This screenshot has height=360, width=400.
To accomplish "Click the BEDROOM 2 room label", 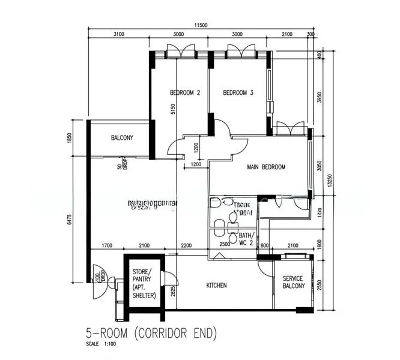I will click(184, 93).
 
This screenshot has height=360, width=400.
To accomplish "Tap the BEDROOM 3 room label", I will click(238, 93).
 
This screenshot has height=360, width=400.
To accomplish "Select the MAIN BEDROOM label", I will click(265, 167).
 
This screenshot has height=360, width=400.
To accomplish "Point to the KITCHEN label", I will click(216, 286).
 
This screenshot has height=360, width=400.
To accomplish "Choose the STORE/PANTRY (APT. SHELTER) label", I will click(144, 283).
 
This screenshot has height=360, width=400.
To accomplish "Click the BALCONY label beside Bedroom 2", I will click(122, 139).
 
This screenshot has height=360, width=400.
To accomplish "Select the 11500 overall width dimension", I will click(201, 25).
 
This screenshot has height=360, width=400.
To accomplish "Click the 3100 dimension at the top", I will click(118, 35).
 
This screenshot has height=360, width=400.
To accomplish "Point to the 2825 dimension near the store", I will click(173, 292).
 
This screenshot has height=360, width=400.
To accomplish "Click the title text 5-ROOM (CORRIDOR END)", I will click(151, 332).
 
